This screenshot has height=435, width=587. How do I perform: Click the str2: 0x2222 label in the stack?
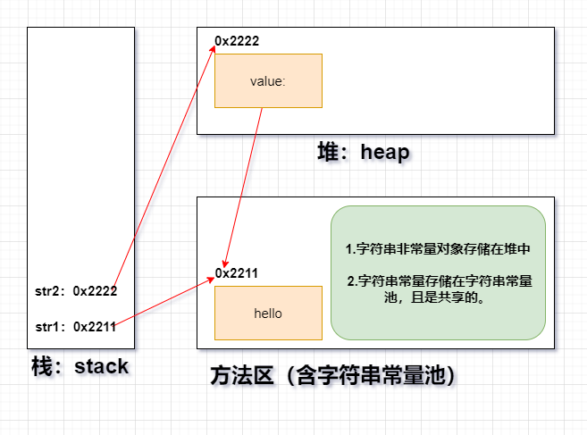tap(76, 290)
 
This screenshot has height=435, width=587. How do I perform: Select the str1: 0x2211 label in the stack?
tap(76, 326)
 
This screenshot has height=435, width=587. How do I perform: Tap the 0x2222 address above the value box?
tap(238, 41)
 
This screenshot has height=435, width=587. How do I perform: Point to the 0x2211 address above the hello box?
tap(238, 273)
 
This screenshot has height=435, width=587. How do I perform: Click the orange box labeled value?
tap(268, 80)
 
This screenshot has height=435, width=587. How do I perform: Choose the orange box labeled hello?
tap(268, 313)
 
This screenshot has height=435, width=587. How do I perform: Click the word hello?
tap(268, 314)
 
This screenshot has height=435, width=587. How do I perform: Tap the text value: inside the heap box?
tap(268, 81)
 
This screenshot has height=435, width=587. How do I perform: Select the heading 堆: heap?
tap(364, 153)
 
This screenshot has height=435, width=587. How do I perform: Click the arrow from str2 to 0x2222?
tap(165, 161)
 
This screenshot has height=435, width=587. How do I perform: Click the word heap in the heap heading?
tap(385, 153)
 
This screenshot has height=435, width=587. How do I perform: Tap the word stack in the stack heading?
tap(102, 366)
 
